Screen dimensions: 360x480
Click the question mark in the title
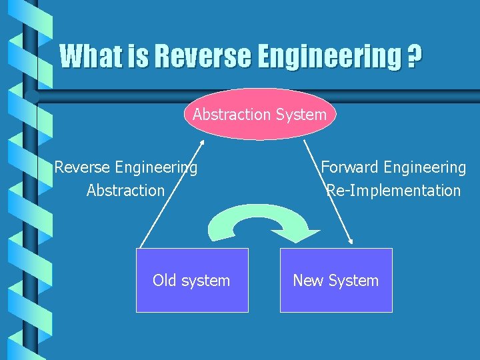tap(414, 56)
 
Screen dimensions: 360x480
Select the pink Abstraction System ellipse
tap(259, 115)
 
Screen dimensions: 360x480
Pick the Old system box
tap(192, 280)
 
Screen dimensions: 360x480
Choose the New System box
tap(336, 280)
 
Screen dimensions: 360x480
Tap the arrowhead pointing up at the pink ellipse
tap(202, 143)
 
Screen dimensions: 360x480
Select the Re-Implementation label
tap(393, 191)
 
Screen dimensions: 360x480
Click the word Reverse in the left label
tap(82, 167)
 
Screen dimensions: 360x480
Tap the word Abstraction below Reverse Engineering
tap(125, 191)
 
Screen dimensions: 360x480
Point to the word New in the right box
tap(307, 280)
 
